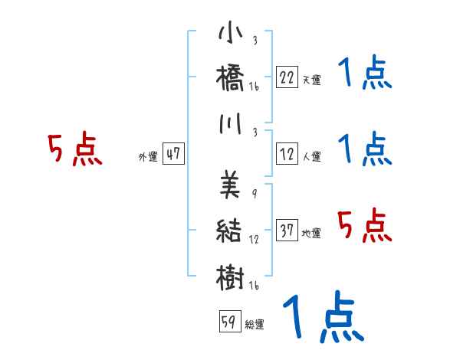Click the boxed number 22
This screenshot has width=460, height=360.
coord(287,76)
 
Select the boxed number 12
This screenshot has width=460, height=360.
coord(287,154)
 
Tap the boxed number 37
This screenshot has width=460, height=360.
coord(287,231)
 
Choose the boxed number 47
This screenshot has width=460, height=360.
coord(173,154)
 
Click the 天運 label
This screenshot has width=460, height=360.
coord(311,80)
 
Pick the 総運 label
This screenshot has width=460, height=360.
coord(255,325)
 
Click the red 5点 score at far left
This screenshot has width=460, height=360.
coord(74,149)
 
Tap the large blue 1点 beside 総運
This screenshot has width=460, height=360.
coord(323,317)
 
